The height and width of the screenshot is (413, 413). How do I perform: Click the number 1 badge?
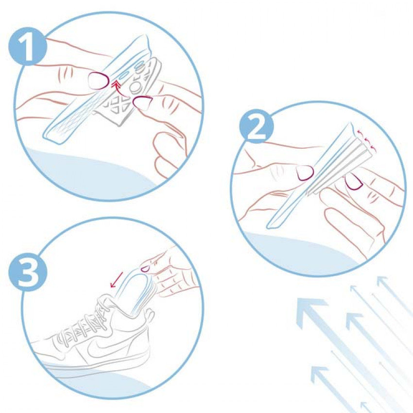27,46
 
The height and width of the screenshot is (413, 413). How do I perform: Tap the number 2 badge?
256,126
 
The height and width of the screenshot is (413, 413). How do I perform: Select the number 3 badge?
28,272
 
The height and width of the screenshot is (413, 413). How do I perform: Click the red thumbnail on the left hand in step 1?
99,80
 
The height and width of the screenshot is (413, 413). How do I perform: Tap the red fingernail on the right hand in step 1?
143,102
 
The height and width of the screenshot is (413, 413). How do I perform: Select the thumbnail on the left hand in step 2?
305,173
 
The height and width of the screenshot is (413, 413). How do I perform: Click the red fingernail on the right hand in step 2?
354,183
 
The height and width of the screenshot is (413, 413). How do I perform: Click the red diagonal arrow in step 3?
117,279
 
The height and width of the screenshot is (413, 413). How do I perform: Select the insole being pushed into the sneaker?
141,293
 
